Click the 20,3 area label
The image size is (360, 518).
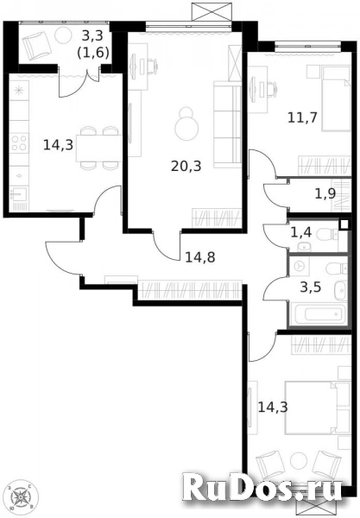coord(186,166)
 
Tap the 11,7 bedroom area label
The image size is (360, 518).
coord(302,117)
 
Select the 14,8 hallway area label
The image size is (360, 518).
coord(200,257)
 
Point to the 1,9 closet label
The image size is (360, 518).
coord(325,194)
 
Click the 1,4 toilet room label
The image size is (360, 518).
coord(301,232)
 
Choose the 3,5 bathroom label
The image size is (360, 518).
coord(311,287)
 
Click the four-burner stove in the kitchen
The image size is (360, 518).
coord(19,143)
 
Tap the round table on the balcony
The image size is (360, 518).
coord(63,35)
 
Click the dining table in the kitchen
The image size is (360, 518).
coord(98,148)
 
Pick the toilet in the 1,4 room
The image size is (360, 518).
coord(326,235)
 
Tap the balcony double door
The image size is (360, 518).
coord(79,82)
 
